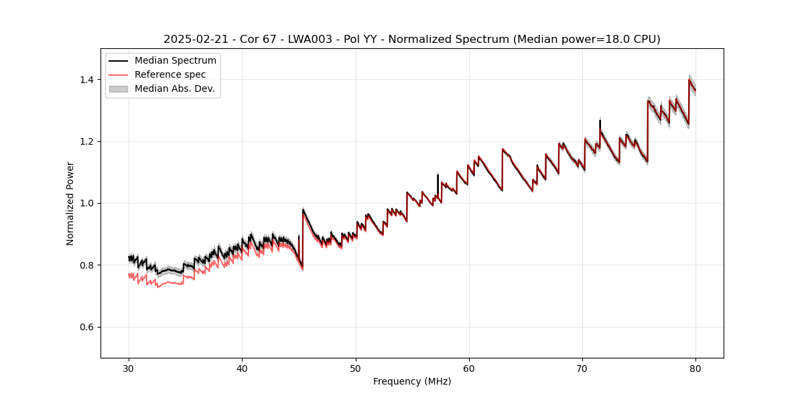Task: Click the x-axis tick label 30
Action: (x=129, y=368)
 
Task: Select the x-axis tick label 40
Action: (x=242, y=368)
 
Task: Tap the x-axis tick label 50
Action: (x=356, y=368)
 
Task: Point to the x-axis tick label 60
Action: (x=469, y=368)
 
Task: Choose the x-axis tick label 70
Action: (x=582, y=368)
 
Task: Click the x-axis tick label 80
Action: (x=695, y=368)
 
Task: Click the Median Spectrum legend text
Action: (x=176, y=61)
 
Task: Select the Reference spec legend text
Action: (x=170, y=74)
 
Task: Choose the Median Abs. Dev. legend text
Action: (x=174, y=88)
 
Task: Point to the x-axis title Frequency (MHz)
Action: (x=412, y=381)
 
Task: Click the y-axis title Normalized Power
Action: (x=70, y=203)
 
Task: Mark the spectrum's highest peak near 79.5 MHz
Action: (x=689, y=80)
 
